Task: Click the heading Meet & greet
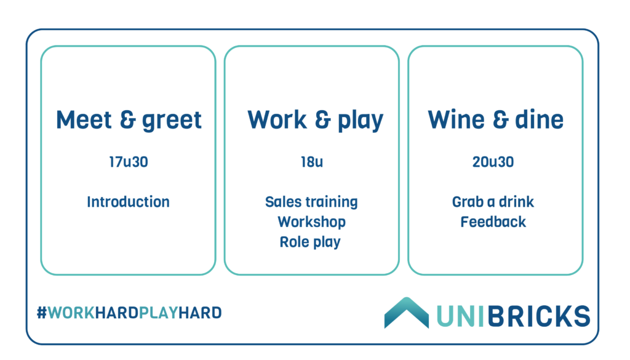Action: click(x=129, y=120)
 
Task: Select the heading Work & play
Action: click(x=316, y=120)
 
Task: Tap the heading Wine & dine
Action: click(x=495, y=120)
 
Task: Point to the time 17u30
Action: click(x=129, y=162)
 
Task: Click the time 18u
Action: click(x=312, y=162)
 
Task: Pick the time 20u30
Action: click(x=493, y=162)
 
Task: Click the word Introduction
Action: click(x=128, y=202)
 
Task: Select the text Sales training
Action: click(x=311, y=202)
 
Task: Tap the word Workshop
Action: click(x=311, y=222)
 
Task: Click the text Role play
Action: click(x=310, y=242)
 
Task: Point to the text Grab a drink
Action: click(x=493, y=202)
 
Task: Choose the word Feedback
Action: click(x=493, y=222)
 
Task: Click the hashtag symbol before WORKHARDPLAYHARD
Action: click(x=42, y=313)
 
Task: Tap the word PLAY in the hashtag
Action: click(x=158, y=313)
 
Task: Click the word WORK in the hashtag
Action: click(x=71, y=313)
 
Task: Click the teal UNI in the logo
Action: click(x=460, y=316)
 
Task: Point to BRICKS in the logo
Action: click(x=539, y=316)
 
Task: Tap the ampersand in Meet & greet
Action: click(x=128, y=120)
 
